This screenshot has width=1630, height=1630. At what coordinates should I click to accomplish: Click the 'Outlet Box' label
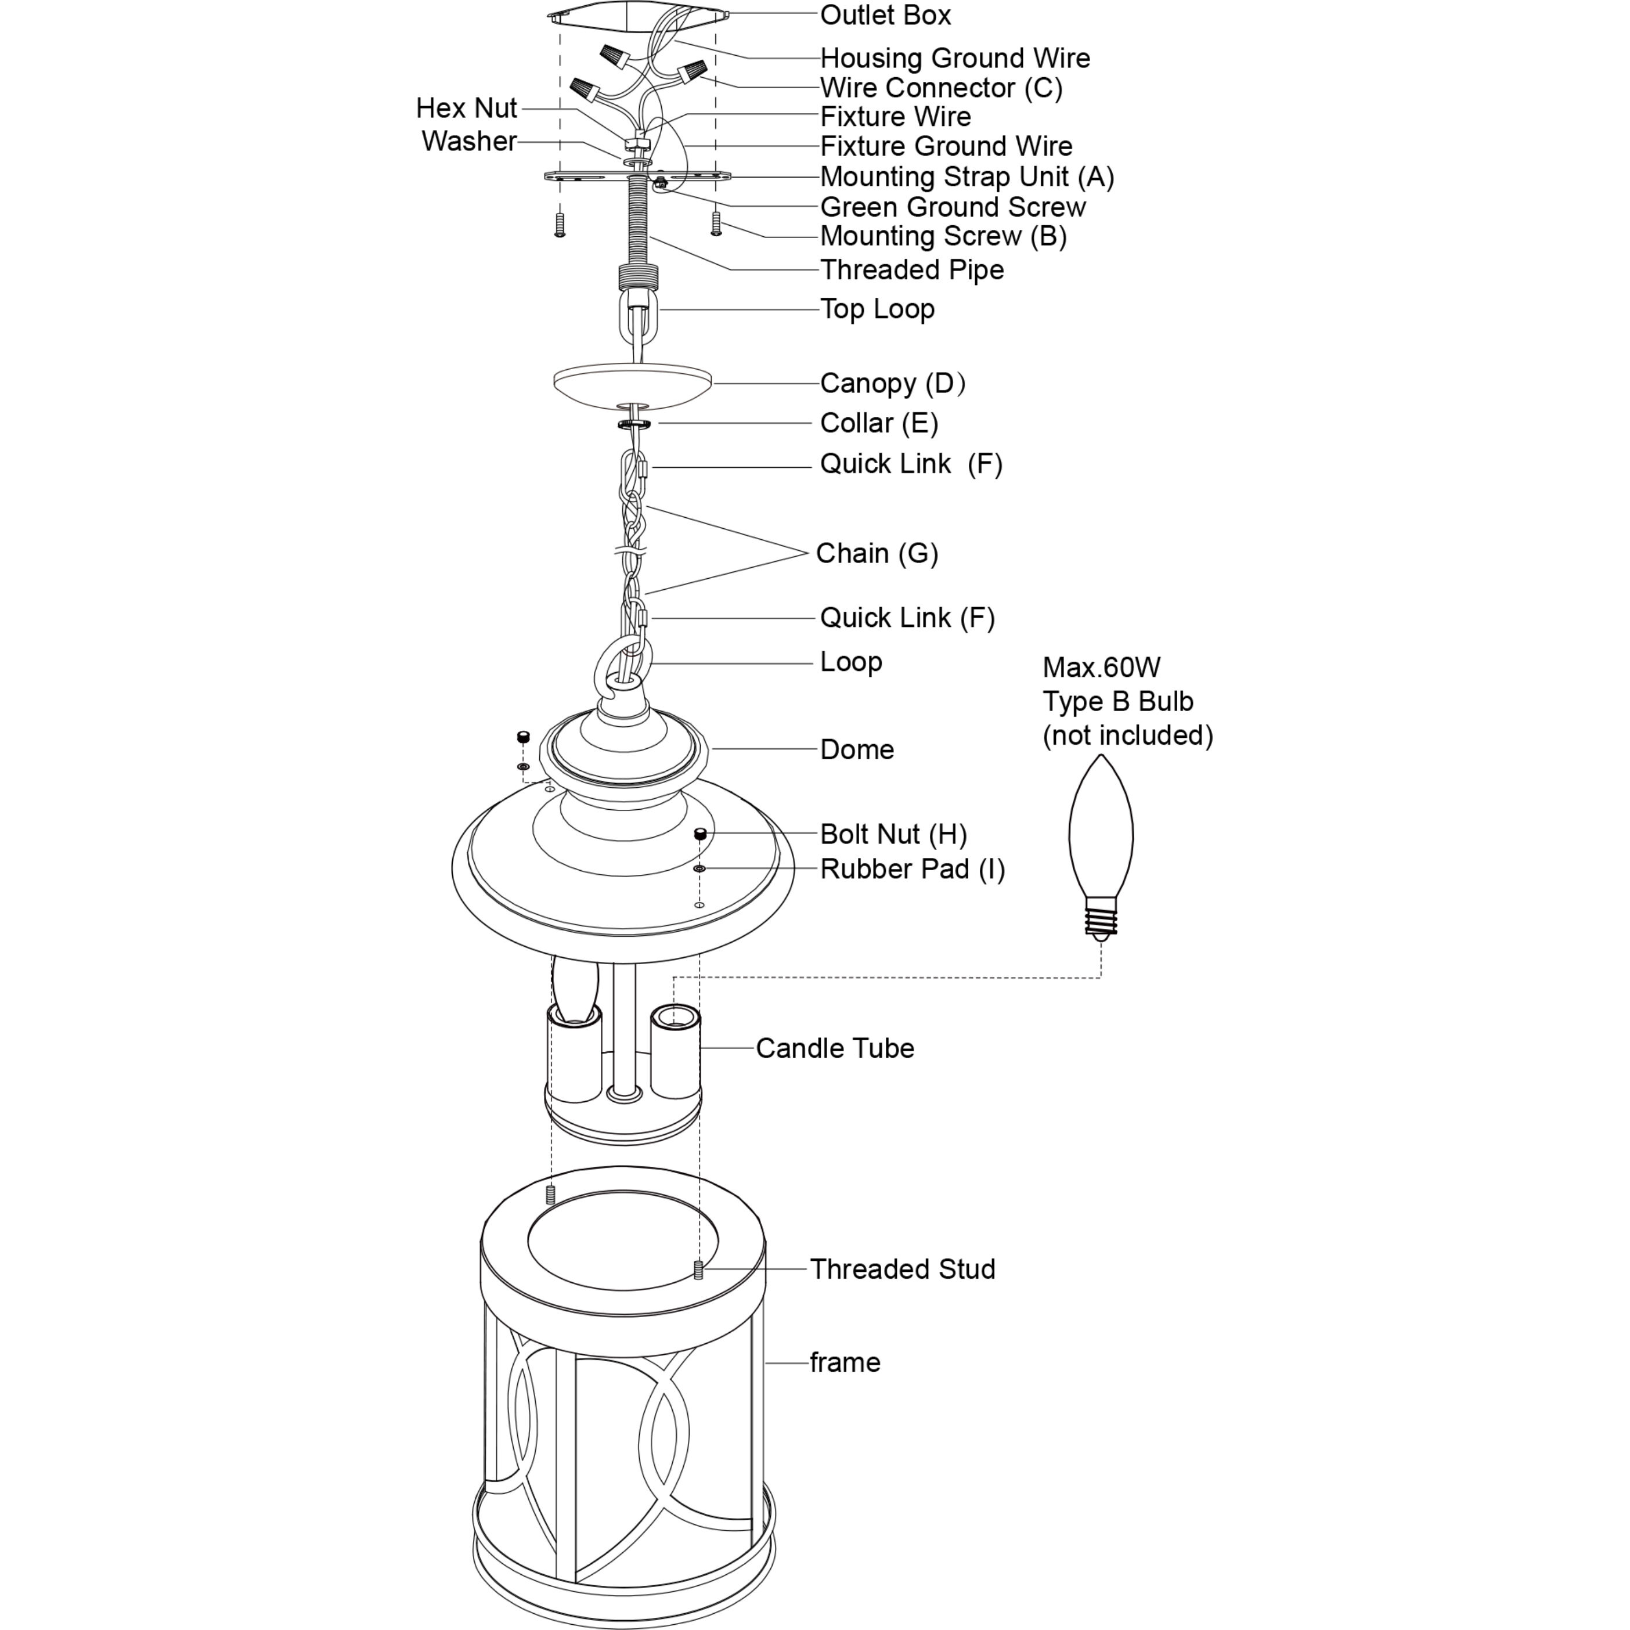coord(885,15)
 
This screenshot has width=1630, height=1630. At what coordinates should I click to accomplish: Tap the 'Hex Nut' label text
coord(467,108)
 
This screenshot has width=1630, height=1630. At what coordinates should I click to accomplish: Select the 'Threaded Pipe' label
coord(912,270)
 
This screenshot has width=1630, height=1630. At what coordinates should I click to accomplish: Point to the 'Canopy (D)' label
coord(893,384)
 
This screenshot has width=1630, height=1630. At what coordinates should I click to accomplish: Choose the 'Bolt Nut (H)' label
coord(893,834)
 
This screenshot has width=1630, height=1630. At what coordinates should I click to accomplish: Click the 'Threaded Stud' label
coord(903,1269)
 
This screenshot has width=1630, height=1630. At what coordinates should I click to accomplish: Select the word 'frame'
coord(845,1362)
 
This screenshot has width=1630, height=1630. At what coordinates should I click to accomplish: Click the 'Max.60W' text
coord(1101,668)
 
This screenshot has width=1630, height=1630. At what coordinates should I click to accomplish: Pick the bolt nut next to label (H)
coord(699,834)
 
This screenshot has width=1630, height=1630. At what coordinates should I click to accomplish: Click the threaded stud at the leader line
coord(698,1269)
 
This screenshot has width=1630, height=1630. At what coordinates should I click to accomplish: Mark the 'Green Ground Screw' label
coord(953,208)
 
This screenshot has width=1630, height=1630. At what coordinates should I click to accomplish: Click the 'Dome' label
coord(857,750)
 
